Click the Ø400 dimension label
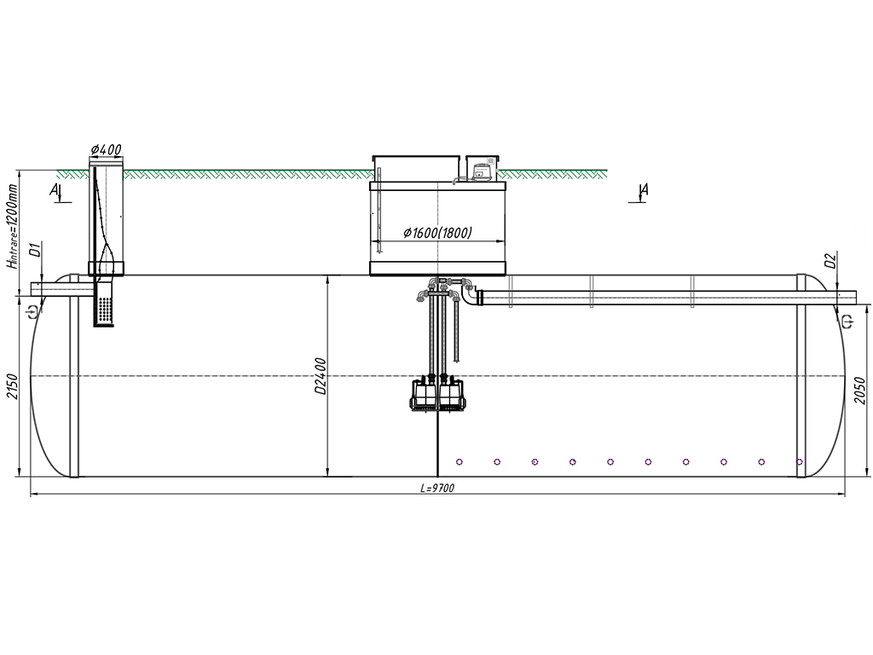pos(107,150)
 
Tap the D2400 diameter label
pos(321,375)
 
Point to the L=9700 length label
pos(437,489)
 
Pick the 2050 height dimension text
pos(860,390)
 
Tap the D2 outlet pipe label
pos(830,260)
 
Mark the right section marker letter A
pos(645,190)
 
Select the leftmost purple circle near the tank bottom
pos(460,462)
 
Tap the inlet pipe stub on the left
pos(51,289)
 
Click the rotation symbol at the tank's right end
pos(847,321)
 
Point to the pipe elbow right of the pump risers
pos(471,298)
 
